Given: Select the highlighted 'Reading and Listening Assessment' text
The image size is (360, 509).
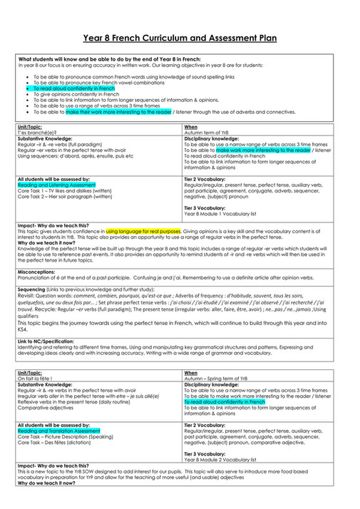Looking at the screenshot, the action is [x=49, y=183].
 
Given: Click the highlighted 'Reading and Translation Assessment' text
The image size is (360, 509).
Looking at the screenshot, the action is [x=51, y=431].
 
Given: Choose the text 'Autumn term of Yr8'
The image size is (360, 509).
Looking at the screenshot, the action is [x=207, y=134].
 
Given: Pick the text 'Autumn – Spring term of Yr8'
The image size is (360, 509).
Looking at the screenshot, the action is [x=217, y=377].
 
